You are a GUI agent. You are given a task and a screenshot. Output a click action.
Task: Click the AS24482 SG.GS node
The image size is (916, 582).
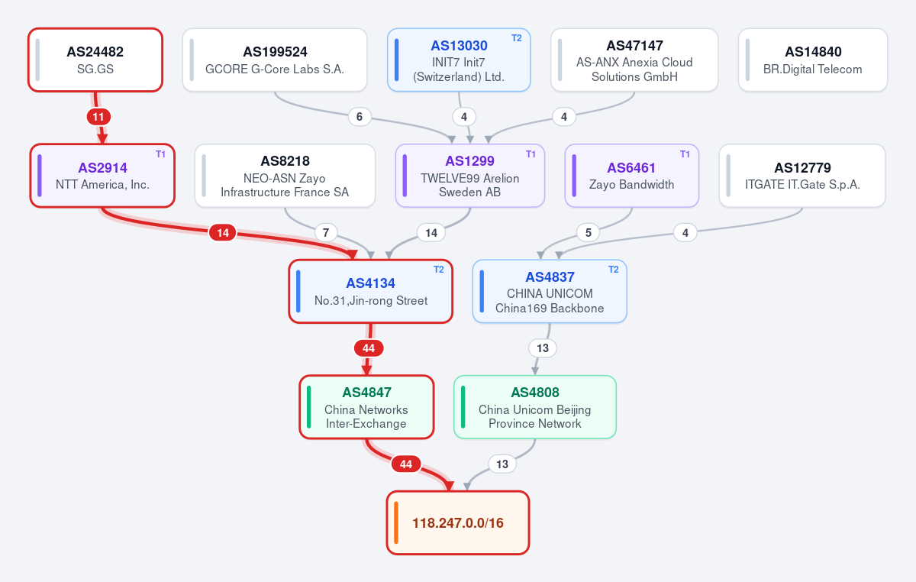point(95,60)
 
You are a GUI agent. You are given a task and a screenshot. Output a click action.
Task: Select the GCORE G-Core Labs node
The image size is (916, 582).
point(275,60)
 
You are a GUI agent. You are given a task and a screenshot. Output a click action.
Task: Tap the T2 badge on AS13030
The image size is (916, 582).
point(517,38)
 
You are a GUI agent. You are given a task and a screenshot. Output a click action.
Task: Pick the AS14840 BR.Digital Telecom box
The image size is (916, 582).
point(813,60)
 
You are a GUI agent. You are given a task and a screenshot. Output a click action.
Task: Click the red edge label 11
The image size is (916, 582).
point(98,117)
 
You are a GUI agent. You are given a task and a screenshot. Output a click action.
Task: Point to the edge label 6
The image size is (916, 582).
point(360,117)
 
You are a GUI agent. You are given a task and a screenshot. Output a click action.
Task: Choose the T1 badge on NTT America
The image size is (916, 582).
point(160,154)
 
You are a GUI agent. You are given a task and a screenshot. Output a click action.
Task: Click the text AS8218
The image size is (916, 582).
point(285,161)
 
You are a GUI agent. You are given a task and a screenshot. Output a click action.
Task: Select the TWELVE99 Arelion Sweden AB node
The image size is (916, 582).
point(470,176)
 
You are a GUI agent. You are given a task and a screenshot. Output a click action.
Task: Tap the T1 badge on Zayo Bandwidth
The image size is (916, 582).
point(685,154)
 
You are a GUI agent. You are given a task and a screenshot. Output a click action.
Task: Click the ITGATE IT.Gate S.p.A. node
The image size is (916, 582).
point(802,176)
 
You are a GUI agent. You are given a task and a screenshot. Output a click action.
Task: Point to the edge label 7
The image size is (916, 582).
point(326,233)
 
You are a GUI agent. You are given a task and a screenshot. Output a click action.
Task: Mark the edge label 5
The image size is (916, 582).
point(588,233)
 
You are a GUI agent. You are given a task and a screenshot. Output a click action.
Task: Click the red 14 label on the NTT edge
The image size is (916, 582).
point(222,233)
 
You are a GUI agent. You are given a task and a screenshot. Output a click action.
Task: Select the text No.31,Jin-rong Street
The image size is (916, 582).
point(371,301)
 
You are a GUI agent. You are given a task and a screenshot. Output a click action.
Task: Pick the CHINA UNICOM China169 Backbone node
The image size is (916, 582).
point(550,292)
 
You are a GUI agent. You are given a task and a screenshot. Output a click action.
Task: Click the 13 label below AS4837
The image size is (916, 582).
point(543,348)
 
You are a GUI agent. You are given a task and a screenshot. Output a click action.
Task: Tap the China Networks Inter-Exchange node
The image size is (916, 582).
point(366,407)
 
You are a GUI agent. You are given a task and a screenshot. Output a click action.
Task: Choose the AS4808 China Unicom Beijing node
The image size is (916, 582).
point(535,407)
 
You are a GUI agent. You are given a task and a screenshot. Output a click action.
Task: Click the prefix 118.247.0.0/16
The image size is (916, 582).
point(458,523)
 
